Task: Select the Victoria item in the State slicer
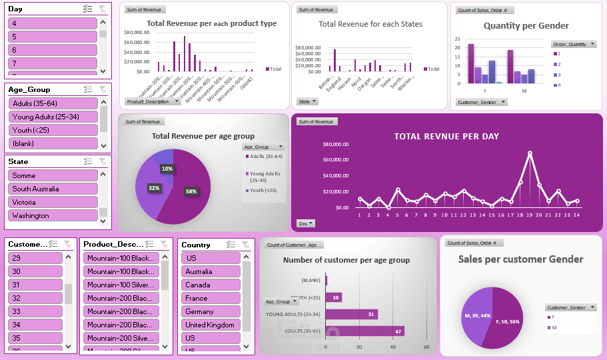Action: coord(53,202)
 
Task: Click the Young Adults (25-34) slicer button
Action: coord(53,117)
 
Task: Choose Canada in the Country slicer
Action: coord(210,285)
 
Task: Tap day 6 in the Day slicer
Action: coord(53,50)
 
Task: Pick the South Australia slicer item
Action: coord(53,189)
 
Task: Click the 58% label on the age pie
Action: coord(191,191)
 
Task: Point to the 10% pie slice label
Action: coord(167,169)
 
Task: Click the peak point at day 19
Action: coord(530,153)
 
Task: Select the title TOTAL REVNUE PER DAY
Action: coord(446,137)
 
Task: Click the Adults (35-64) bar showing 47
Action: coord(364,331)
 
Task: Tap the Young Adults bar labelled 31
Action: coord(351,314)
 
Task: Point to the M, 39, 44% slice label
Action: coord(476,315)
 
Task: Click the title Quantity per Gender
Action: coord(526,26)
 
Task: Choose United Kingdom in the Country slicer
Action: coord(210,325)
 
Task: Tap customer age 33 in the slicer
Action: coord(35,311)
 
